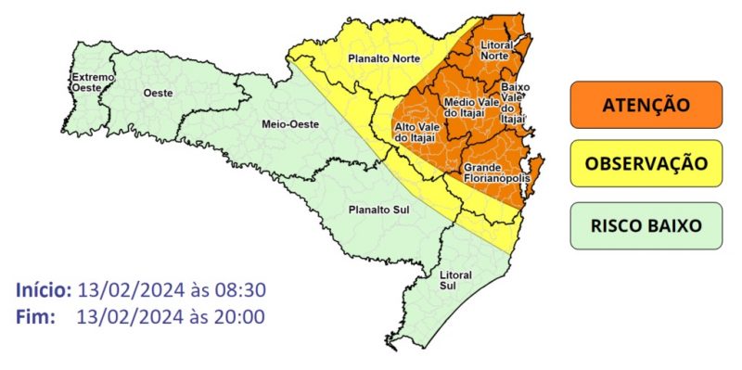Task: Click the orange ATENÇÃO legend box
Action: (x=646, y=105)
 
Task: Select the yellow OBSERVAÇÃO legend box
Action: (x=646, y=164)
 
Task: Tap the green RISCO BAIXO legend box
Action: (x=646, y=225)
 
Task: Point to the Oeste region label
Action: (x=159, y=93)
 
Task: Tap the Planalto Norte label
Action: (x=379, y=59)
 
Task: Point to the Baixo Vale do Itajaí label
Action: (x=513, y=102)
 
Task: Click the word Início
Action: (x=44, y=290)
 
